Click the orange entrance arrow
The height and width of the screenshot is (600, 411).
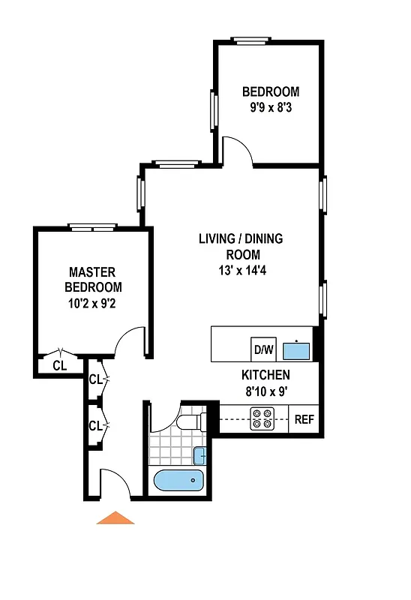click(115, 517)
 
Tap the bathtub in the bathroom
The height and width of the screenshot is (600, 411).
click(178, 480)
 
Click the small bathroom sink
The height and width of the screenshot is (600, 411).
click(199, 454)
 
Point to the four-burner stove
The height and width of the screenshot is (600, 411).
click(262, 419)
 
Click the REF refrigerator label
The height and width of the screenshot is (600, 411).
click(304, 419)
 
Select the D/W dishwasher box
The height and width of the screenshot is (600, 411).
click(263, 349)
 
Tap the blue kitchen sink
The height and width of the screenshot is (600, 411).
click(298, 349)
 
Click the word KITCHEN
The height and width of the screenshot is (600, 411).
click(265, 375)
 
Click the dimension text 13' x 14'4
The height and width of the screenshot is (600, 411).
click(240, 270)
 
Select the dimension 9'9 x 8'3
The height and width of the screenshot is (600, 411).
click(270, 107)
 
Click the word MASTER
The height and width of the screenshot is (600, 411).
click(93, 272)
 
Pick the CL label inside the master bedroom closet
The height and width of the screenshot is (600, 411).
click(60, 366)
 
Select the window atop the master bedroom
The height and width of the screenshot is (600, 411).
click(93, 226)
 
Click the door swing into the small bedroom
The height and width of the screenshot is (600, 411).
click(238, 150)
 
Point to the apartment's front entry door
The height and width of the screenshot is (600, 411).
click(115, 484)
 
